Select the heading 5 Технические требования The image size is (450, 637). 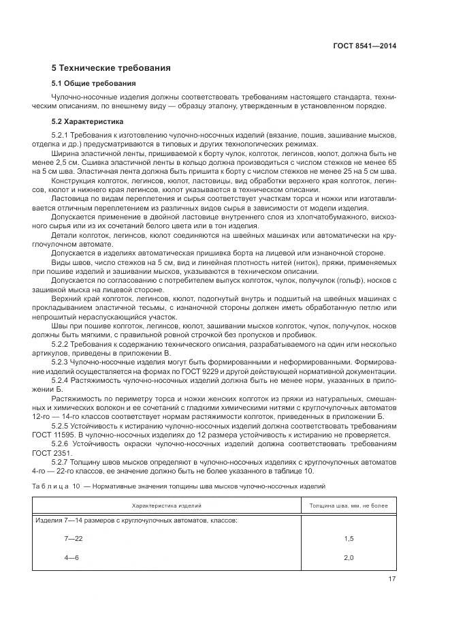pos(111,68)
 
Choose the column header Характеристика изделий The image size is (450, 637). pos(167,506)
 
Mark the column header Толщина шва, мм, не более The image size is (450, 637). pos(349,506)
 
